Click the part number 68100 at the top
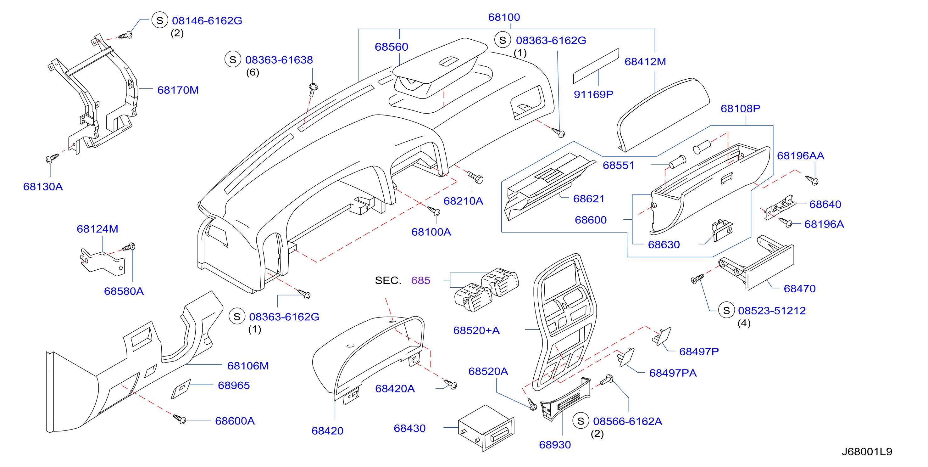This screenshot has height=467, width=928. click(x=504, y=17)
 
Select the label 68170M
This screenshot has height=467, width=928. click(x=178, y=90)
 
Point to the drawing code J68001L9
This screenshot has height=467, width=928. click(x=867, y=452)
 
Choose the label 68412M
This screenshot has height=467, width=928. click(x=645, y=62)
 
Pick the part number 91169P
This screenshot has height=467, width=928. click(x=593, y=94)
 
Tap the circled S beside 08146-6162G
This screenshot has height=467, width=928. click(x=159, y=20)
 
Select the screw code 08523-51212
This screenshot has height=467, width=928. click(x=772, y=311)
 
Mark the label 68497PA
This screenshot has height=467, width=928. click(x=673, y=373)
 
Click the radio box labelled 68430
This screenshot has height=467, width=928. click(x=486, y=428)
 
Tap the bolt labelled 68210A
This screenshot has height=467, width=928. click(x=475, y=177)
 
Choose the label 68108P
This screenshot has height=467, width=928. click(x=740, y=109)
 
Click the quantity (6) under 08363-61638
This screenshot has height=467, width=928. click(x=253, y=72)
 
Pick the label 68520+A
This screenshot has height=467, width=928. click(x=476, y=330)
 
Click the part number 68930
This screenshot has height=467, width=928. click(x=555, y=445)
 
